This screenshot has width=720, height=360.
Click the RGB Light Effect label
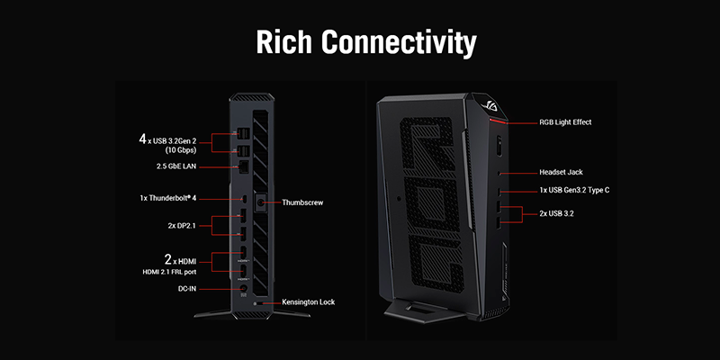coord(565,121)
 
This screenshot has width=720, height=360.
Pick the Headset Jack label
coord(562,172)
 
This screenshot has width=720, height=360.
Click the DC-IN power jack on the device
coord(243,289)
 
